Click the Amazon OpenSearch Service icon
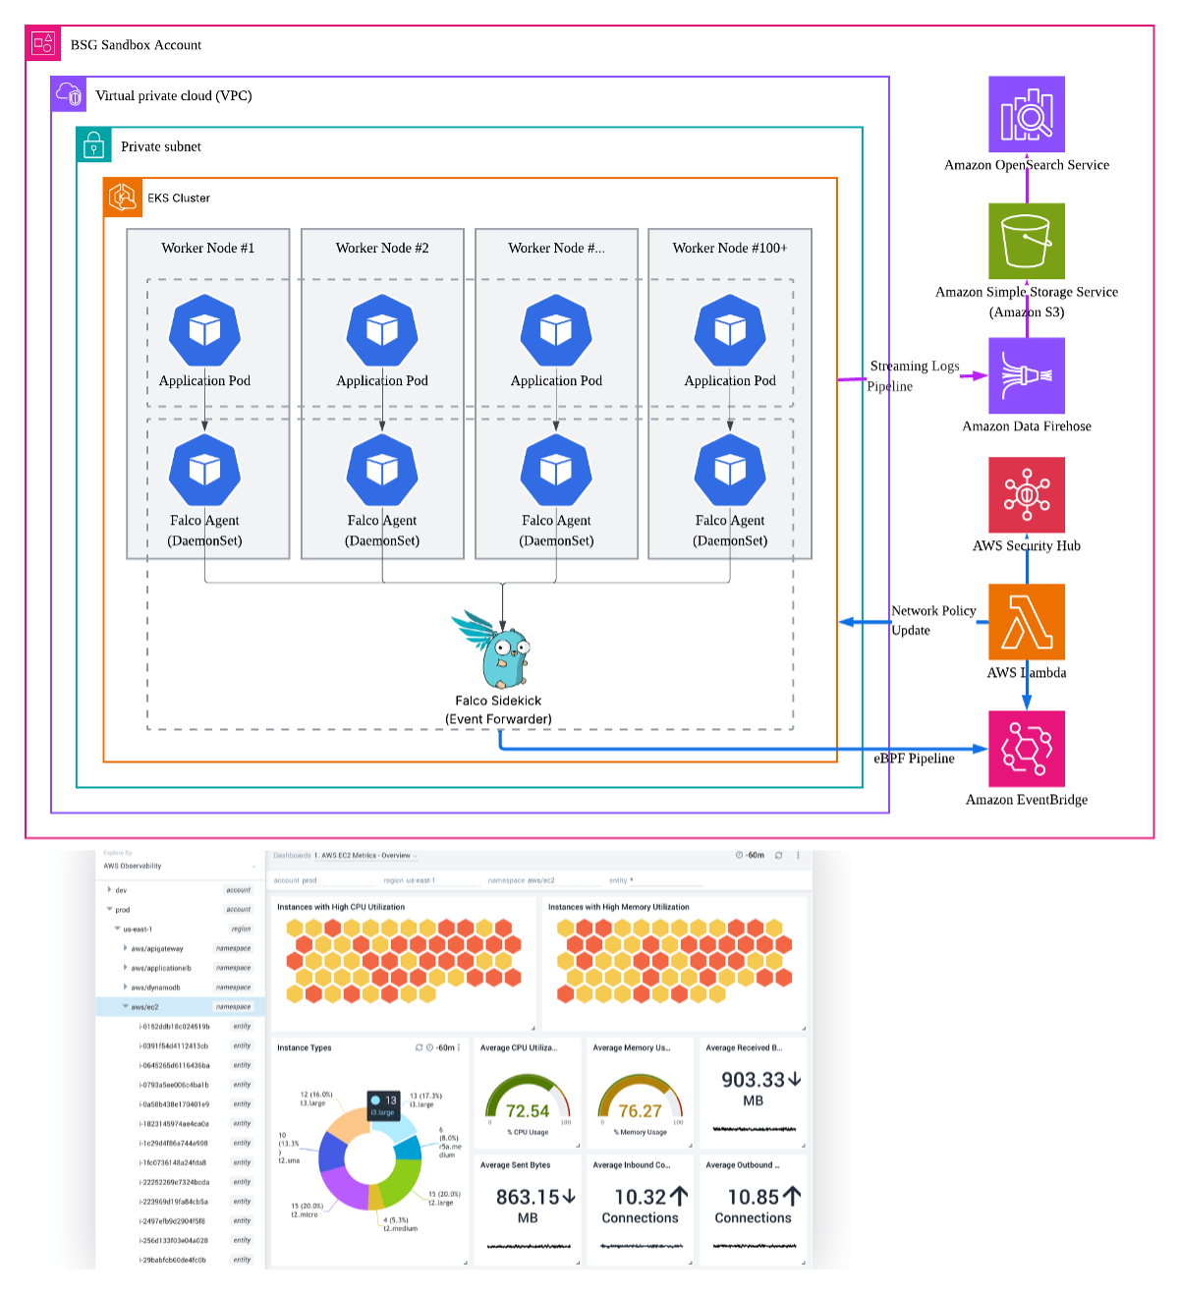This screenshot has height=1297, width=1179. pos(1027,115)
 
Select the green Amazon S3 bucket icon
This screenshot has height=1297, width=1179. pos(1027,242)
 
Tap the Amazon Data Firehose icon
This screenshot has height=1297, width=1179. pos(1027,375)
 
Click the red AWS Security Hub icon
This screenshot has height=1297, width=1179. pos(1027,495)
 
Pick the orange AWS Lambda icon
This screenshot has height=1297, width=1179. pos(1027,622)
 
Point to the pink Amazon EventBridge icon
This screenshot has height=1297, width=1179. pos(1027,749)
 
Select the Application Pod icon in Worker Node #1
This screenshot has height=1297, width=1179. pos(204,331)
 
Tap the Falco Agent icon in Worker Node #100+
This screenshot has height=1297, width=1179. pos(730,471)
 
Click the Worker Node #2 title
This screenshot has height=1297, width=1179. pos(382,248)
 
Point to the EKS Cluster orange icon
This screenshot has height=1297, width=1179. pos(123,197)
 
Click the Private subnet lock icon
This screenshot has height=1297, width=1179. pos(94,146)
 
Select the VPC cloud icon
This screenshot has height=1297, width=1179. pos(70,95)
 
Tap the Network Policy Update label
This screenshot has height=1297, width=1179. pos(932,620)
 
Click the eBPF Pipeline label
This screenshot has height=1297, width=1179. pos(914,759)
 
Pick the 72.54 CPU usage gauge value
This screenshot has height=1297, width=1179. pos(528,1111)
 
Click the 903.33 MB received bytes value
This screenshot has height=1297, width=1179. pos(753,1080)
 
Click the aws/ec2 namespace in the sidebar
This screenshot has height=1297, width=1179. pos(144,1007)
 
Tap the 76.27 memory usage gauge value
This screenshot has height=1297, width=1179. pos(640,1111)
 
